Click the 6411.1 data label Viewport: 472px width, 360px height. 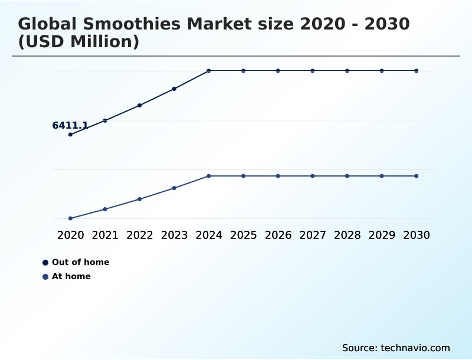tap(70, 125)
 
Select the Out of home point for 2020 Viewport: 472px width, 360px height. tap(70, 135)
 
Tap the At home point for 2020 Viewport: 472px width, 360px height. tap(70, 218)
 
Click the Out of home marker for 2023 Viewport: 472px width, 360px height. tap(174, 89)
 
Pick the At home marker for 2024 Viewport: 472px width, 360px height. tap(209, 176)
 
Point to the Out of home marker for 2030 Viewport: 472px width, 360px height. tap(417, 71)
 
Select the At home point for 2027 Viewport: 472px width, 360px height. tap(313, 176)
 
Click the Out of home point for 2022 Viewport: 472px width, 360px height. tap(139, 105)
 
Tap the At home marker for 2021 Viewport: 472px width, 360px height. tap(105, 209)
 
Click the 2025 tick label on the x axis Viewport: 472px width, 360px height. tap(243, 235)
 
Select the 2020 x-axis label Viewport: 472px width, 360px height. tap(70, 235)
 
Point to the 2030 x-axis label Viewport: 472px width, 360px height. tap(417, 235)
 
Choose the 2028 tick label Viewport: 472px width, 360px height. tap(347, 235)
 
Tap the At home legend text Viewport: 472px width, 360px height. tap(71, 276)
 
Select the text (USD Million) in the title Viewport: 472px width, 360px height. tap(78, 42)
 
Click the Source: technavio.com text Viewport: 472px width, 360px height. tap(396, 348)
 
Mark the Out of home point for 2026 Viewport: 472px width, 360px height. tap(278, 71)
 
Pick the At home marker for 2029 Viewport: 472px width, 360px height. tap(382, 176)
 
